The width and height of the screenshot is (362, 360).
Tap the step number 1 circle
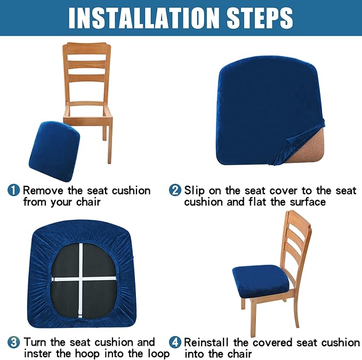(x=14, y=190)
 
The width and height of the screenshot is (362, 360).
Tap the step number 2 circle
(x=175, y=190)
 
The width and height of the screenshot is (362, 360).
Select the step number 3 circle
(x=14, y=342)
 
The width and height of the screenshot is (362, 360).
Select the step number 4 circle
(x=175, y=342)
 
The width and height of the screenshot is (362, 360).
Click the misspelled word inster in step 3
(x=39, y=354)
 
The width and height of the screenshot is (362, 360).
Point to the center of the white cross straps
(x=81, y=279)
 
